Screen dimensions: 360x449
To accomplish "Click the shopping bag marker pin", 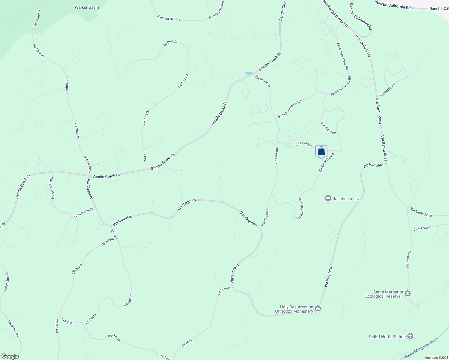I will point(321,151).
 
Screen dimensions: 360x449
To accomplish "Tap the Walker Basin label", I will point(87,7).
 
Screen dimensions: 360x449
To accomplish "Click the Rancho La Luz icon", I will point(328,198).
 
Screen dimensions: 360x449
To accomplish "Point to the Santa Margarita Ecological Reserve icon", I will point(407,294).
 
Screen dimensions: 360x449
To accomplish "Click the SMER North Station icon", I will point(410,337).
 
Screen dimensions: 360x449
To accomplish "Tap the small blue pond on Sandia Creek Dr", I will point(249,73).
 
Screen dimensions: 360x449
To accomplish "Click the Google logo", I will point(10,356).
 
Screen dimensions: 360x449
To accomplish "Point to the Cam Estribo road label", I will point(422,228).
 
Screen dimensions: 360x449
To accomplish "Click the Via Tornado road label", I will point(408,260).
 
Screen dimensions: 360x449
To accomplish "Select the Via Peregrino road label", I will point(388,89).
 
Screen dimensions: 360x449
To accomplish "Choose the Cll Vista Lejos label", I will point(328,127).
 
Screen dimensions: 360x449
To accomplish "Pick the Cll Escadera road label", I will point(304,144).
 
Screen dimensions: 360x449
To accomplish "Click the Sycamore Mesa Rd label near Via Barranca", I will point(289,109).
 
